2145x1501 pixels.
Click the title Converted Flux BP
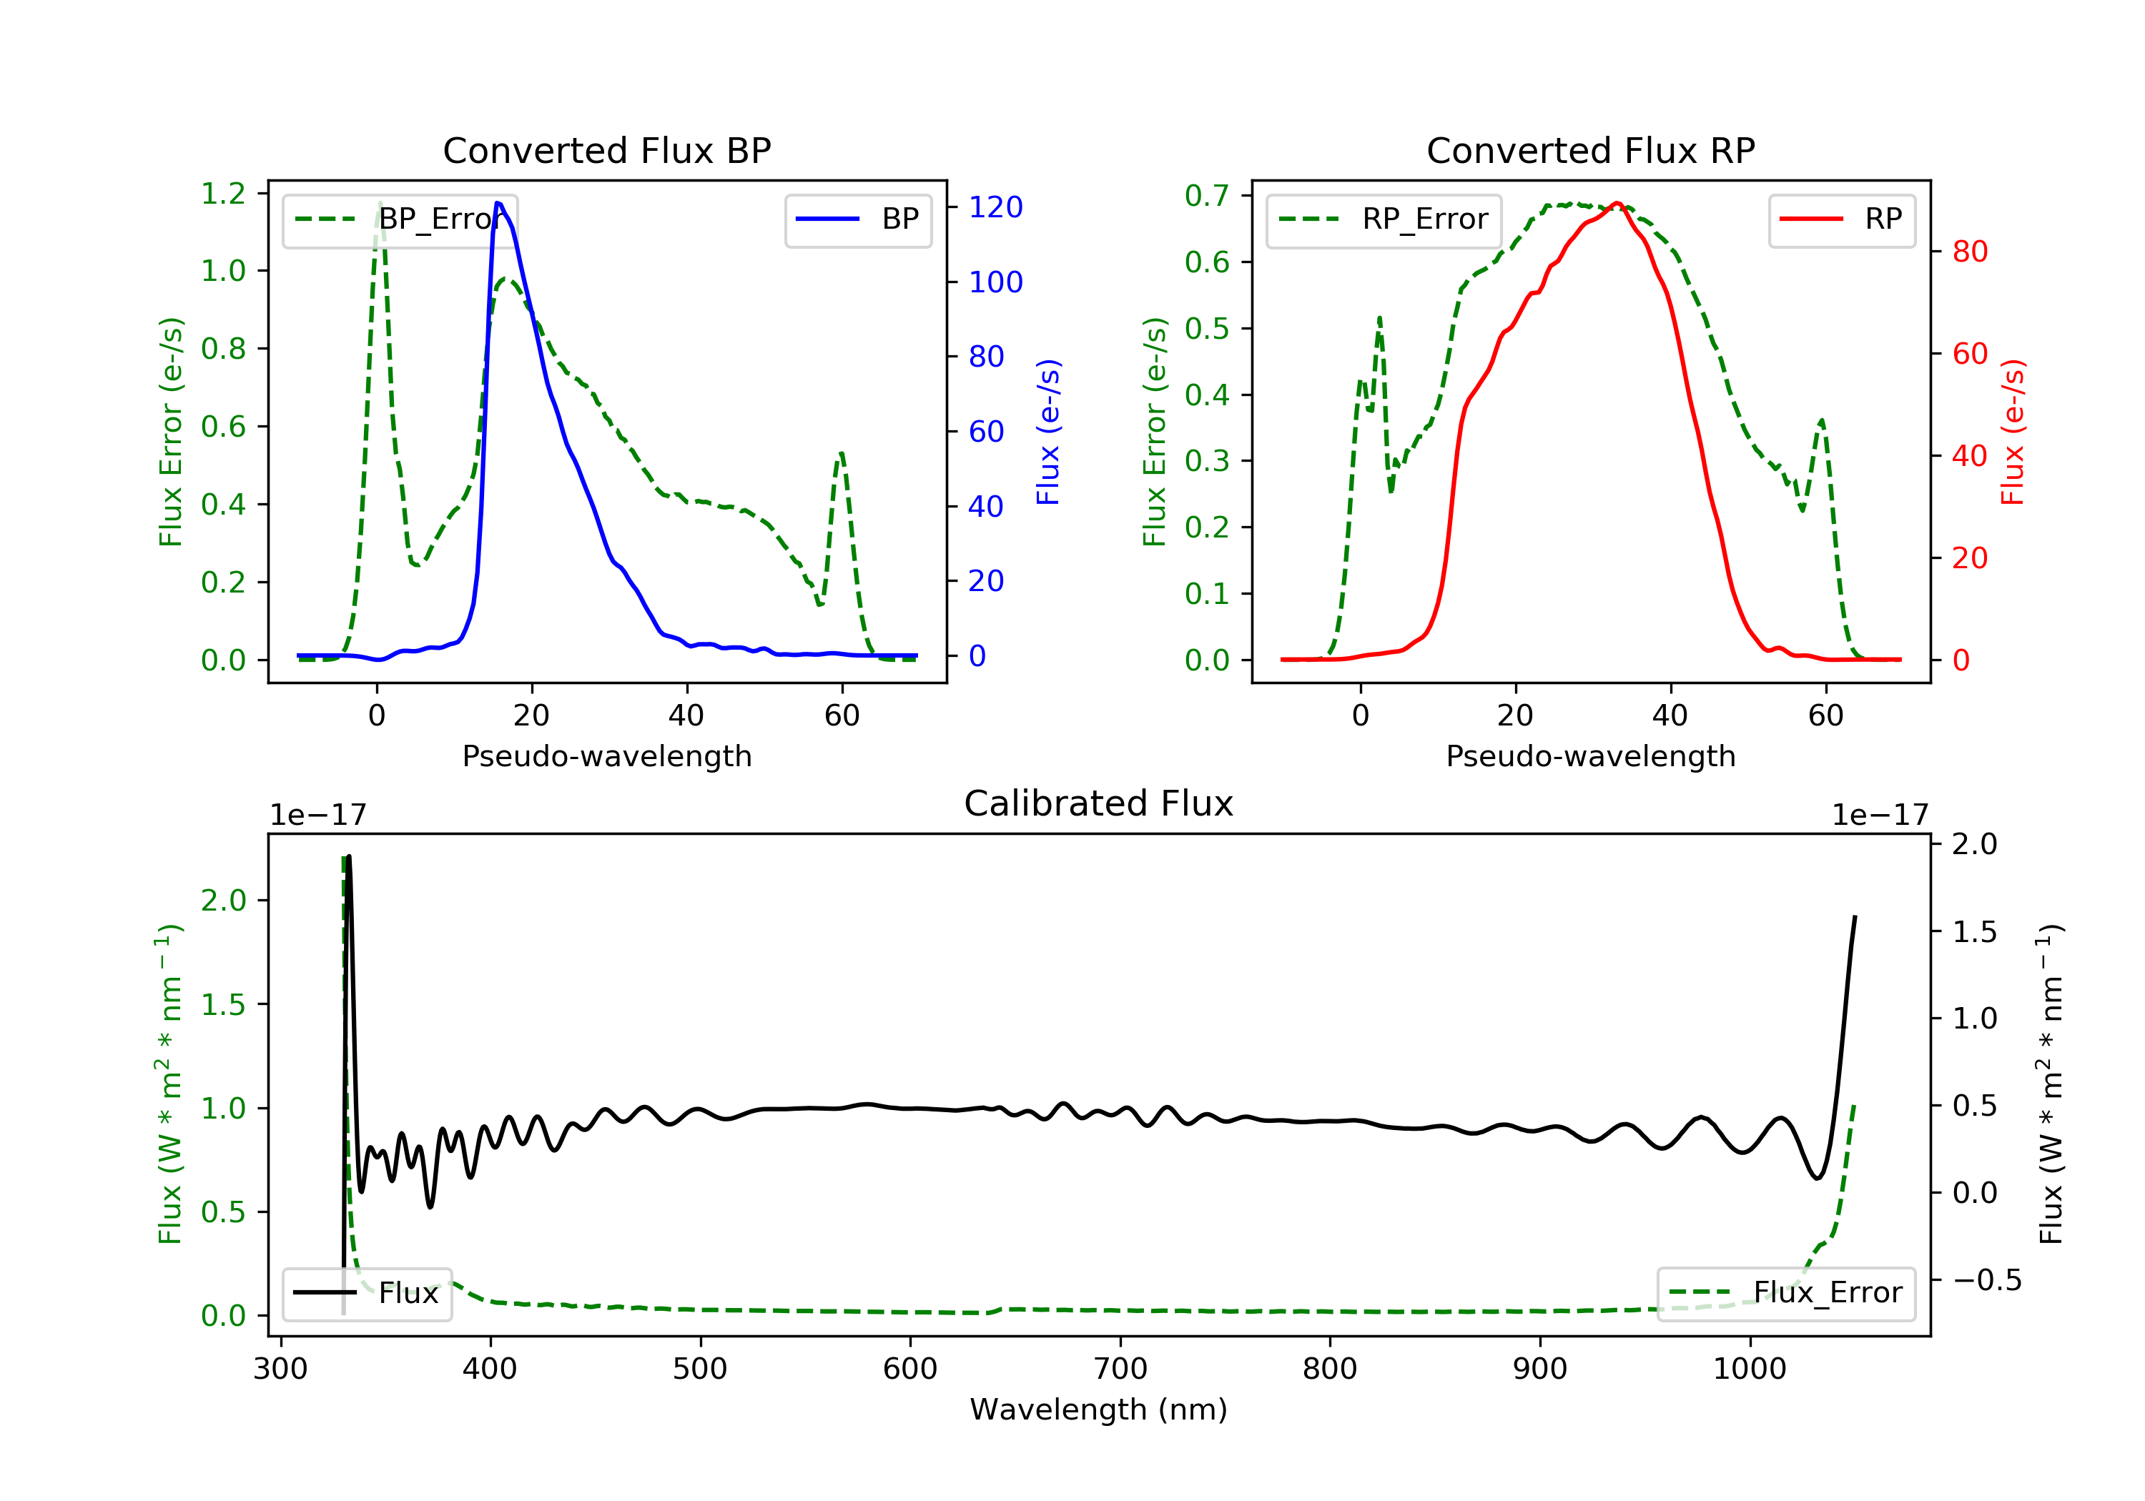606,150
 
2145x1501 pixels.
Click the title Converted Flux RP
1590,150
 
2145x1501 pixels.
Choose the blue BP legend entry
857,219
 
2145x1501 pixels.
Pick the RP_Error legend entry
1383,219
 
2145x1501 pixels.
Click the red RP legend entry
1841,219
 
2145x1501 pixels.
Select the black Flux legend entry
368,1293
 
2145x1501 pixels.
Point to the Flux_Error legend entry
1785,1293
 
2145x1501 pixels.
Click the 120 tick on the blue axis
995,207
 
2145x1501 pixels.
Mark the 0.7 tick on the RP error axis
1207,195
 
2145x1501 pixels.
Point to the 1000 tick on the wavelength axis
1749,1369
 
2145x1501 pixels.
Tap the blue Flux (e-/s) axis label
1048,432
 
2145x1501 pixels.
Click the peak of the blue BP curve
498,203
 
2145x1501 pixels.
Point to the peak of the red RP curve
1617,203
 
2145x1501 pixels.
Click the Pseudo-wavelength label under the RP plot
1590,756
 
